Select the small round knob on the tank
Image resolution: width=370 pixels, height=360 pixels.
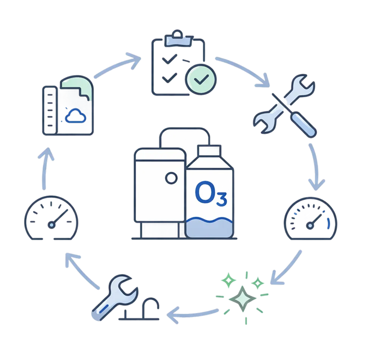(x=170, y=178)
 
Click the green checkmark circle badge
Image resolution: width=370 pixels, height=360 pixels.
(x=200, y=80)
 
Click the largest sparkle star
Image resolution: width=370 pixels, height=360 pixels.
(x=242, y=298)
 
